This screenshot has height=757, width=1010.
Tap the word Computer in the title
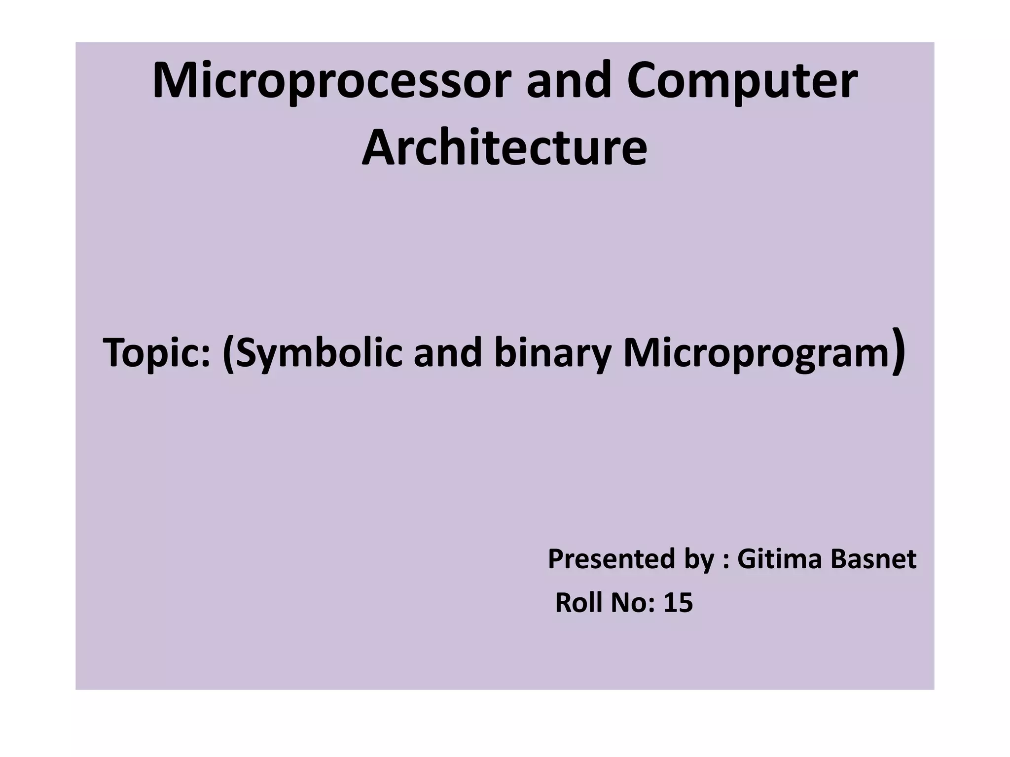742,82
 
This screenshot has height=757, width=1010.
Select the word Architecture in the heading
505,148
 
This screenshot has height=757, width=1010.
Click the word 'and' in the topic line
447,353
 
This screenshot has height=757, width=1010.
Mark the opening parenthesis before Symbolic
228,354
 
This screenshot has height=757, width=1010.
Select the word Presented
612,559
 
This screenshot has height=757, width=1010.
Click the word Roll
578,603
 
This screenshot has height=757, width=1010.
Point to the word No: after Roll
633,603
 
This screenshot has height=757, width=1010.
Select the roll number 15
678,603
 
